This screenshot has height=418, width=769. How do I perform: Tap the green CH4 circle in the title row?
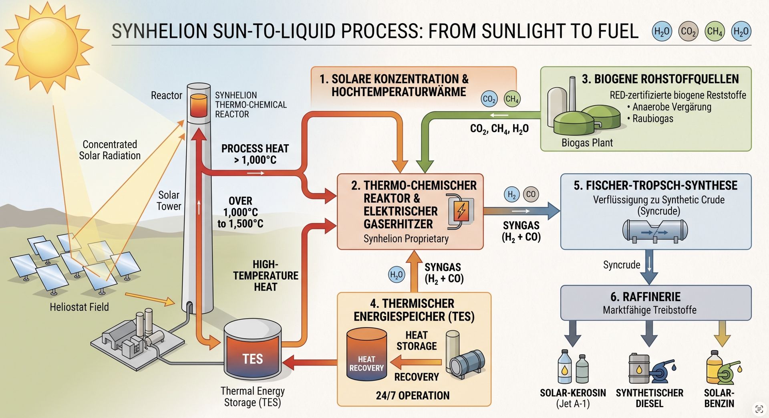(x=715, y=31)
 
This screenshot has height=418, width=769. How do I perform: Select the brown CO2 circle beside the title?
(x=688, y=31)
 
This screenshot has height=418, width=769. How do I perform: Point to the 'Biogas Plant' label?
(x=587, y=143)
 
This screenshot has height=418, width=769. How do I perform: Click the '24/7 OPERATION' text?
(x=413, y=396)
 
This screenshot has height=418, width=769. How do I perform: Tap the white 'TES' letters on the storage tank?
(x=252, y=359)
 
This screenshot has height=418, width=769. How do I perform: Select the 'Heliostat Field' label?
(x=79, y=307)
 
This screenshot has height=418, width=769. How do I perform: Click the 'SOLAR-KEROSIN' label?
(x=573, y=393)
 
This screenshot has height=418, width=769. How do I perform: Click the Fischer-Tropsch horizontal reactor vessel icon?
(x=655, y=232)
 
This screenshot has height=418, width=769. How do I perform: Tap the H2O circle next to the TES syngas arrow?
(x=397, y=275)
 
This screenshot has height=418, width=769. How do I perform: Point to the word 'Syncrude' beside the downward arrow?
(x=622, y=265)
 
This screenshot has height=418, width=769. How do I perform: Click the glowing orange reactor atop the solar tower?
(x=198, y=105)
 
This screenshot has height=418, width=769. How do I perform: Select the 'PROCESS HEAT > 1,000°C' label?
(x=255, y=154)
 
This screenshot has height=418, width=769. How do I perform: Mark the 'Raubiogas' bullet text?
(x=653, y=119)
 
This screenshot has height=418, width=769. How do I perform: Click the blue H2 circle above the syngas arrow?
(x=511, y=195)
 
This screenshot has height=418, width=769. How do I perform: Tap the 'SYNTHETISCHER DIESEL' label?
(x=650, y=398)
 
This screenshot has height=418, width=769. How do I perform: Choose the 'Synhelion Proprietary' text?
(x=406, y=239)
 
